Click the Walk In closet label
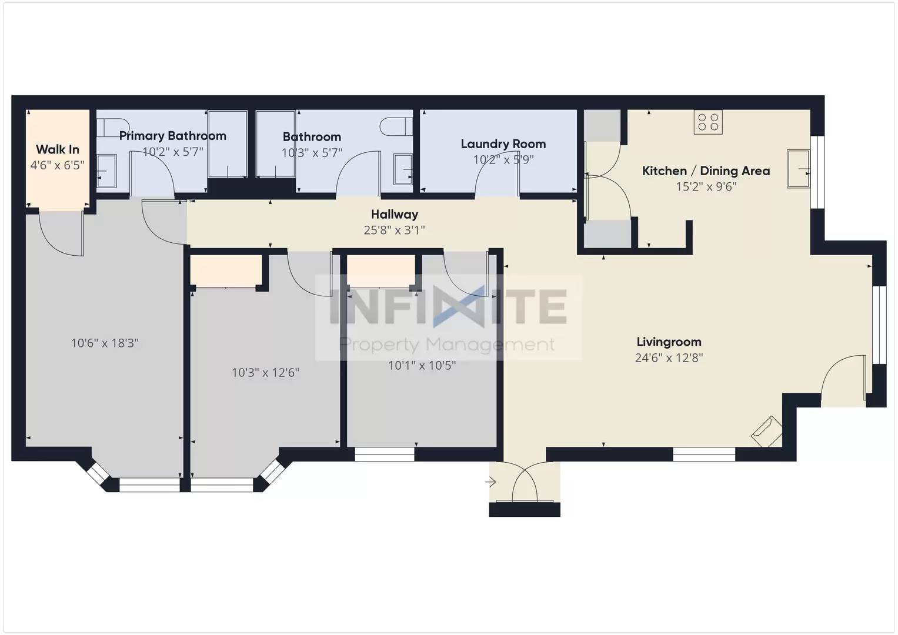(x=58, y=149)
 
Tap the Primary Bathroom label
(x=172, y=136)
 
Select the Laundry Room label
(x=503, y=144)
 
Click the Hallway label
(x=394, y=215)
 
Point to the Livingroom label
(x=669, y=342)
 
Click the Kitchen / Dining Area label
(x=706, y=171)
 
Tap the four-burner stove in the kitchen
(x=707, y=122)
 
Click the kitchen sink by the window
(x=798, y=169)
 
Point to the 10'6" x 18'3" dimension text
(x=105, y=343)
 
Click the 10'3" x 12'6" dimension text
(x=265, y=372)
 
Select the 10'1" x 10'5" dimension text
(x=422, y=365)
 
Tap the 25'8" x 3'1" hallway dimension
(x=394, y=230)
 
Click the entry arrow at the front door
(x=490, y=482)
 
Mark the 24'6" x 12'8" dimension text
(x=669, y=357)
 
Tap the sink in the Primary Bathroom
(x=106, y=170)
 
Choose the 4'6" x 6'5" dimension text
(x=58, y=165)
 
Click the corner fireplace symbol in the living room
(x=767, y=432)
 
